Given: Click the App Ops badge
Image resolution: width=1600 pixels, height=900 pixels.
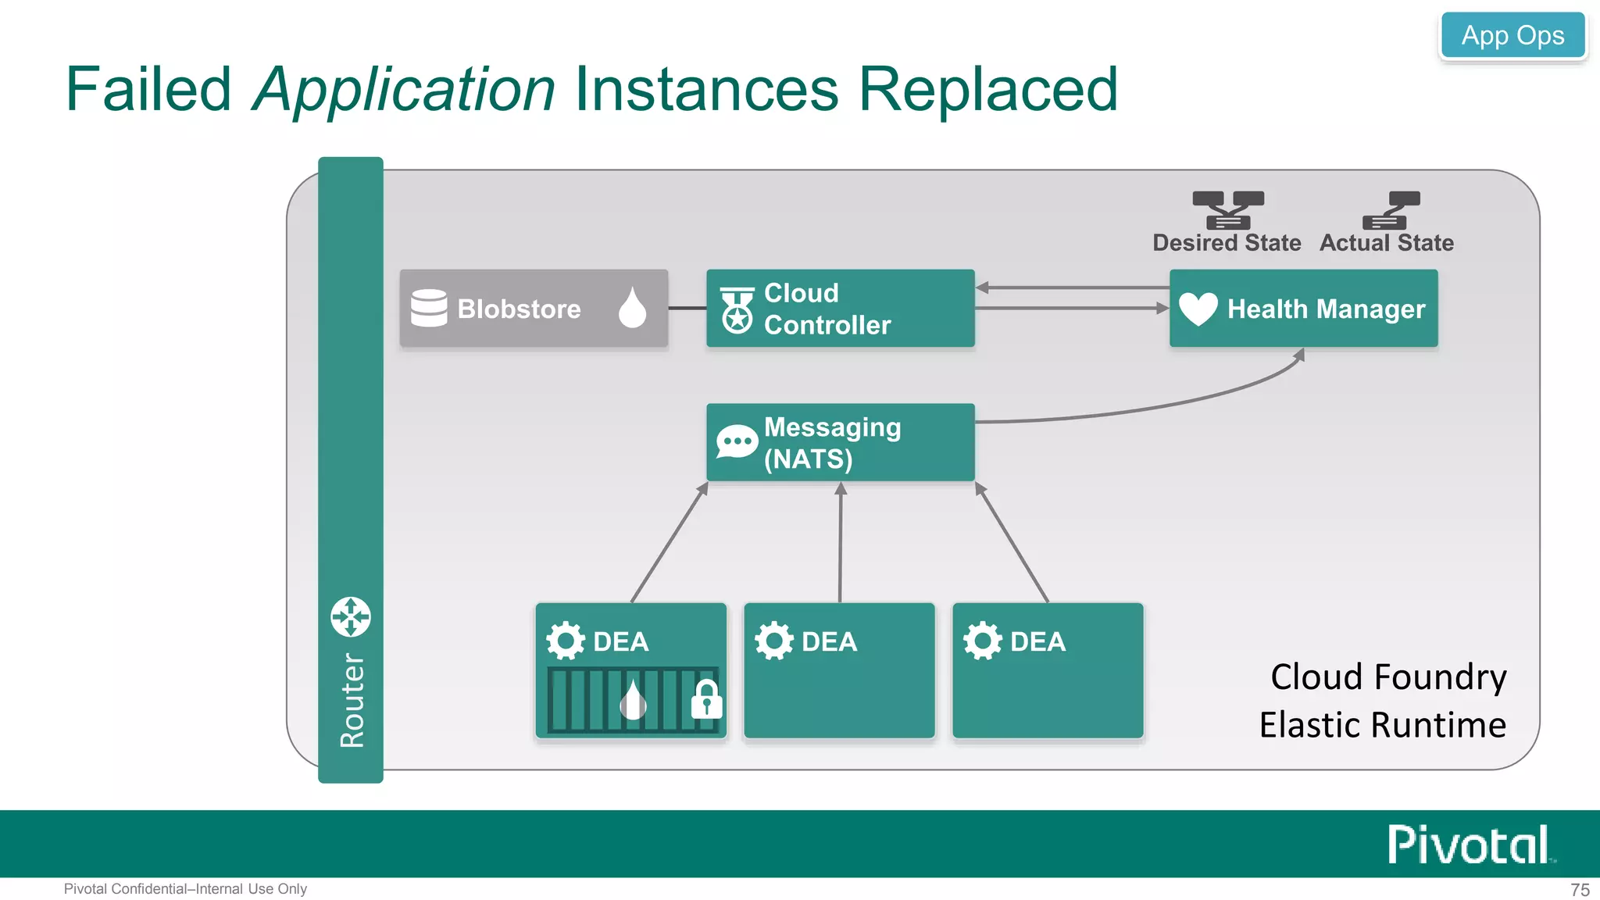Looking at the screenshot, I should click(1512, 36).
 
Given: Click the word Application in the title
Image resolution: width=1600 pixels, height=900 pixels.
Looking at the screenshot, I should click(404, 90).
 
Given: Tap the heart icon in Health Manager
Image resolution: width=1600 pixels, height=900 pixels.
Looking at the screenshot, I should click(1198, 309).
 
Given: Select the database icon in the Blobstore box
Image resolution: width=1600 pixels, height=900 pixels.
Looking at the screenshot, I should click(429, 308).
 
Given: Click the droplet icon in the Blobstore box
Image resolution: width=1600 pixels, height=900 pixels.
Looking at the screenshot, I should click(632, 307).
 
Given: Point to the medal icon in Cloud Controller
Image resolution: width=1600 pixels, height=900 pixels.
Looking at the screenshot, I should click(737, 309).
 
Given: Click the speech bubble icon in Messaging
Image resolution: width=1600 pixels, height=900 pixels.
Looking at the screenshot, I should click(737, 442).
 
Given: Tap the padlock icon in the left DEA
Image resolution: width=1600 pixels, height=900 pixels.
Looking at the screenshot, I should click(706, 699).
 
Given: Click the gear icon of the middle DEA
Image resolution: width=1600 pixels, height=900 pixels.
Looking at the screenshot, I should click(774, 641).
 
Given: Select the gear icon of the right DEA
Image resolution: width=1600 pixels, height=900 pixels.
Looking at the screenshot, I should click(982, 641).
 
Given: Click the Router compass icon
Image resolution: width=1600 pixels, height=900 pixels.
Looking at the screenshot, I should click(351, 616).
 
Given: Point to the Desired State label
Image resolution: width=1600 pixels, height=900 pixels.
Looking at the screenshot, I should click(1227, 243).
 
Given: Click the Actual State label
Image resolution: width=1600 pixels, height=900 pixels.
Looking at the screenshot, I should click(1387, 243).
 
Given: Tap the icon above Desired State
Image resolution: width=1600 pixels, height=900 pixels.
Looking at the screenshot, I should click(1228, 209).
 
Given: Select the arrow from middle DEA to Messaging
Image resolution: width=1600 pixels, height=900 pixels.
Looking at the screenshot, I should click(841, 542).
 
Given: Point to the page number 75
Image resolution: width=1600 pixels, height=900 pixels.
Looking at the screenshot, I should click(1580, 890).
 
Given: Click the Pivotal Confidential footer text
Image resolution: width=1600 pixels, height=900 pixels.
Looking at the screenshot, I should click(185, 889).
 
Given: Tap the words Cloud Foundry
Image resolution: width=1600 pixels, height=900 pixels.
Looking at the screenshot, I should click(1388, 677).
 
